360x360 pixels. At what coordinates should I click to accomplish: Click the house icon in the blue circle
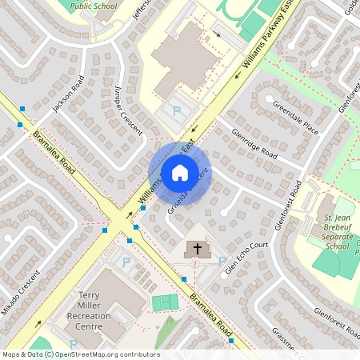coord(179,173)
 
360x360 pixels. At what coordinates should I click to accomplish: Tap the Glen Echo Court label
coord(245,259)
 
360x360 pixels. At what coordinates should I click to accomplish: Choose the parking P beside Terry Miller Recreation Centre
coord(125,262)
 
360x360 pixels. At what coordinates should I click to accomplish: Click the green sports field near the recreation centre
coord(166,303)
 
